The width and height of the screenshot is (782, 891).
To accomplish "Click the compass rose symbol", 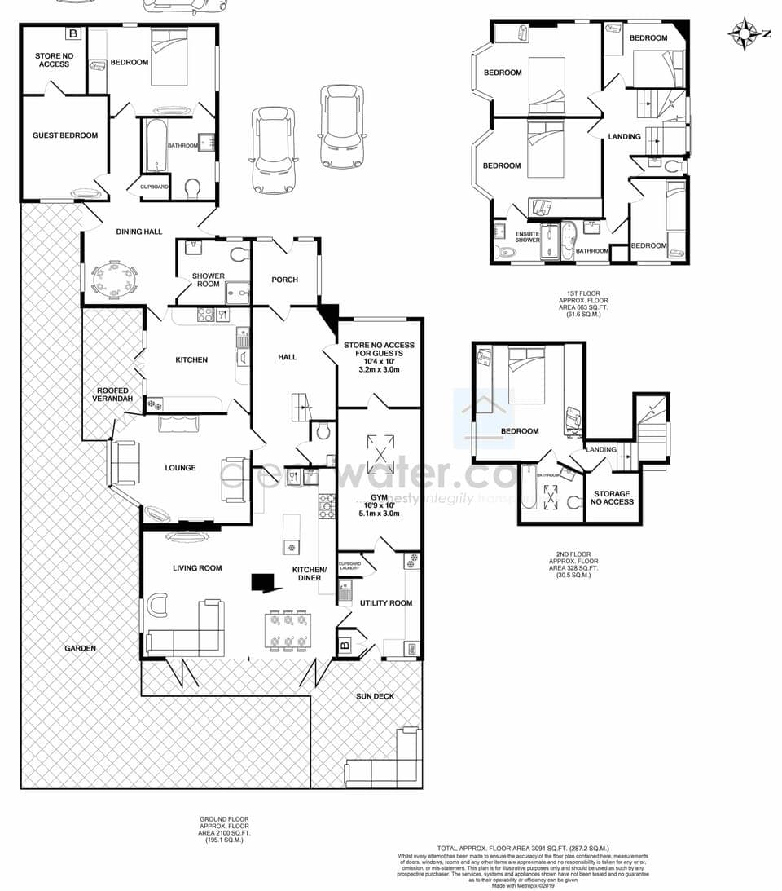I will [x=744, y=33].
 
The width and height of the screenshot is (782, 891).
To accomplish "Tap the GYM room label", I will [x=379, y=496].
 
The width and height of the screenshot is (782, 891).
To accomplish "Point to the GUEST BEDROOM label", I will [x=65, y=135].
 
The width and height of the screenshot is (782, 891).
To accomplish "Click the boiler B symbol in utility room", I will [x=345, y=646].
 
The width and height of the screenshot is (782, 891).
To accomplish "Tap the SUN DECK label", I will [x=375, y=697].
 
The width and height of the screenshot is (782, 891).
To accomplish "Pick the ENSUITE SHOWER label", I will [x=527, y=236].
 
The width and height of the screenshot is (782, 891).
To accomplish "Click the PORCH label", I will [x=284, y=280].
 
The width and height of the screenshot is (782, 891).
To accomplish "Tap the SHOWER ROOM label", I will [x=209, y=280].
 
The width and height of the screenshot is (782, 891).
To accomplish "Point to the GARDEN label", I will [x=81, y=648].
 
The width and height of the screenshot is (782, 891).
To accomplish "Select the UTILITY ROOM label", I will [x=386, y=603].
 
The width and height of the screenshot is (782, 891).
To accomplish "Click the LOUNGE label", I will [x=180, y=468].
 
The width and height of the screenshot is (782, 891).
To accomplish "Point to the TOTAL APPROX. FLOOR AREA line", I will [x=523, y=849].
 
